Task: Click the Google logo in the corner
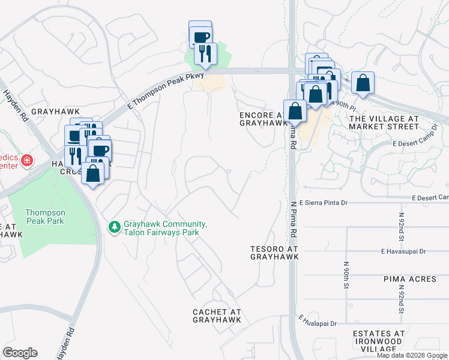point(20,353)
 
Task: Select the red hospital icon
point(26,161)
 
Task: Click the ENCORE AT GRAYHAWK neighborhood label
point(264,119)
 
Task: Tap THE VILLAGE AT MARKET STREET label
point(384,123)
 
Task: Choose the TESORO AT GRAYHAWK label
point(274,252)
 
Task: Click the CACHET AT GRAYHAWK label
point(217,316)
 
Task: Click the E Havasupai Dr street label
point(403,251)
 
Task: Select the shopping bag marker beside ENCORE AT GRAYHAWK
point(295,110)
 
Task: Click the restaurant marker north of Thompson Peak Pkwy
point(205,54)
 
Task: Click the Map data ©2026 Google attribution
point(412,355)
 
